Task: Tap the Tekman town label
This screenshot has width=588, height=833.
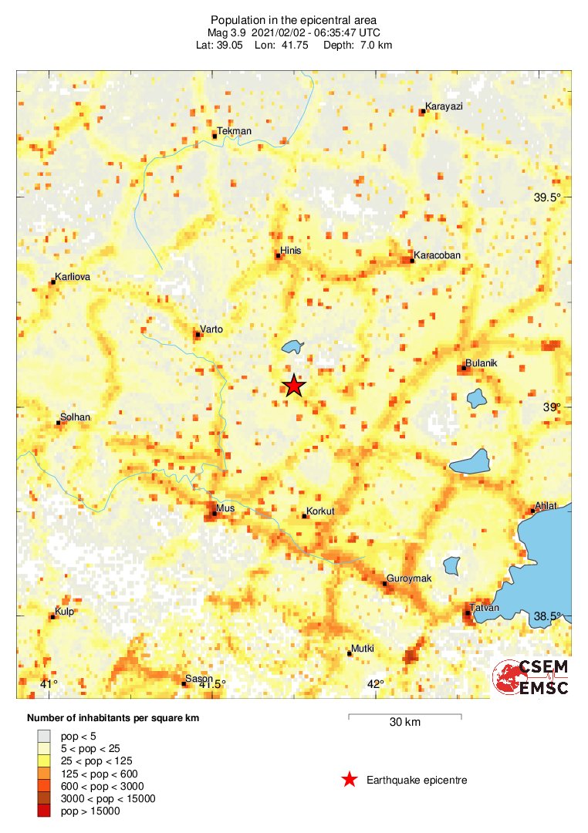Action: [235, 131]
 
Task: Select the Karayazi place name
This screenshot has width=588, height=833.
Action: [444, 106]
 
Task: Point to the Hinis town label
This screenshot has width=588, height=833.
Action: [291, 251]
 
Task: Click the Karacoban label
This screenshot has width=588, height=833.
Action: [438, 255]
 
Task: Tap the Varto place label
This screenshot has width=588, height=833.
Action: [211, 329]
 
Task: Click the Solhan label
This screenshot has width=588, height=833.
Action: [75, 417]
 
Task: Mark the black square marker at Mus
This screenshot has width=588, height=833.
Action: [214, 514]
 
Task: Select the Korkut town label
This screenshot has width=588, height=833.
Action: [320, 511]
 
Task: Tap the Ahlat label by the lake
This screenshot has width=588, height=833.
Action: [546, 506]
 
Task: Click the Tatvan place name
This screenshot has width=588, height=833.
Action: [486, 609]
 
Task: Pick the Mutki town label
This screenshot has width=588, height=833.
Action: [363, 649]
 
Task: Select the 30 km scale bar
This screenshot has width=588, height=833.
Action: [405, 717]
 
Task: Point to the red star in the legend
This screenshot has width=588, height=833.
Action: [350, 780]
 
